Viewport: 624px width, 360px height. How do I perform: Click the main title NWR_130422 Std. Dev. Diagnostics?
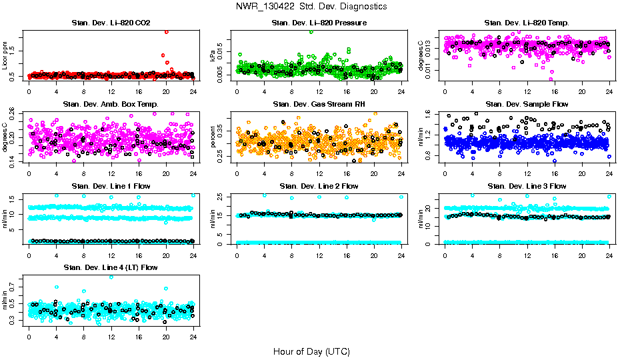tap(311, 7)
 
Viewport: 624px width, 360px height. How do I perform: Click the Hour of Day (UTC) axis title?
tap(311, 351)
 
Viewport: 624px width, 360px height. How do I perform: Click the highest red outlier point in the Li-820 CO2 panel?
tap(166, 31)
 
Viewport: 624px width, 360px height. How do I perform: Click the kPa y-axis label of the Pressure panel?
tap(214, 56)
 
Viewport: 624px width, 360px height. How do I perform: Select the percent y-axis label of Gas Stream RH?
tap(214, 137)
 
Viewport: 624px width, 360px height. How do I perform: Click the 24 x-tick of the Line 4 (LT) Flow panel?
tap(193, 337)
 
